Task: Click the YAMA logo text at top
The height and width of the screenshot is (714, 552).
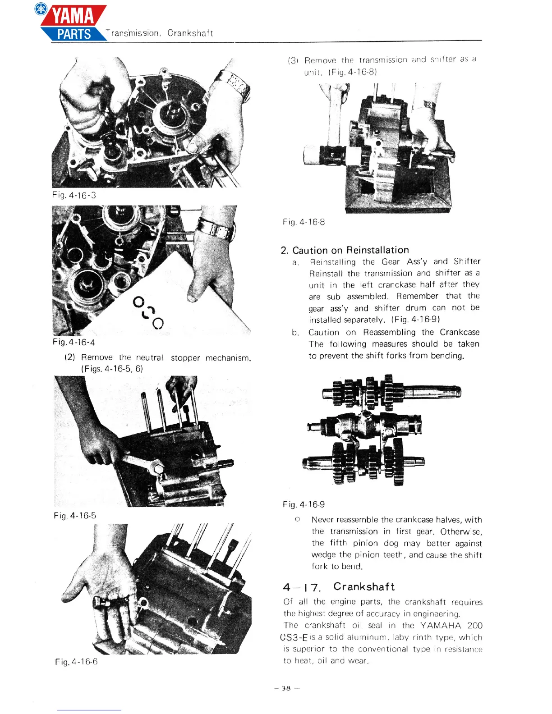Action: (73, 16)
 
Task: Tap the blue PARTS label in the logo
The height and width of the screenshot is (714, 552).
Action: (74, 34)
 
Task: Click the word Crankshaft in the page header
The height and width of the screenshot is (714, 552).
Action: (190, 33)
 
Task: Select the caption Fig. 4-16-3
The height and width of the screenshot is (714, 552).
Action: (74, 195)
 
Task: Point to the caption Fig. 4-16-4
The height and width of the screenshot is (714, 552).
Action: (74, 342)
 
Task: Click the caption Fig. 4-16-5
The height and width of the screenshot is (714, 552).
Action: (74, 515)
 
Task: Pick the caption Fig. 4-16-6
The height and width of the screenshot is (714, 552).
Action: (76, 661)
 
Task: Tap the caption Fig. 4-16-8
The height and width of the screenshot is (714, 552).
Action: (304, 222)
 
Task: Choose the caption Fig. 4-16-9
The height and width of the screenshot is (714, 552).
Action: (304, 504)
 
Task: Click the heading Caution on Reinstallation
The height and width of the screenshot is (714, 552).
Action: (350, 250)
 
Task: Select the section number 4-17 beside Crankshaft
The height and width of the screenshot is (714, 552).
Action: (302, 587)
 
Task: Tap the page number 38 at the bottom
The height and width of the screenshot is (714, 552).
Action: (286, 688)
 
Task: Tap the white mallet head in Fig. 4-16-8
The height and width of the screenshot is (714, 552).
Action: (312, 155)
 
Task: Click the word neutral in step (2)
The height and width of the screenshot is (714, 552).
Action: (149, 357)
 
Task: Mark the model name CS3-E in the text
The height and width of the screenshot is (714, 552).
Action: (294, 637)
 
